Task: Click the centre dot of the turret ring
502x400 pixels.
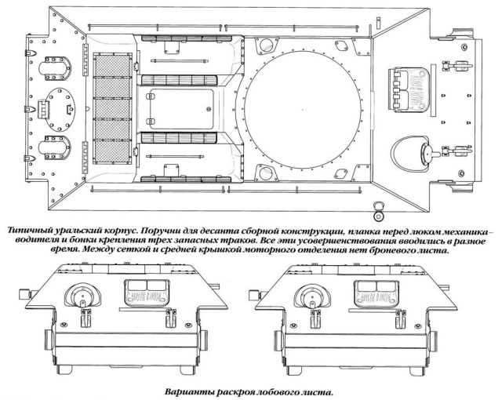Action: [303, 110]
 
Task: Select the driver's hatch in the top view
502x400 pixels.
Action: [409, 90]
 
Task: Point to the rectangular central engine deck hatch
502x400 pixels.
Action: [181, 109]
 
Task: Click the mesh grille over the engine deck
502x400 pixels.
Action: [112, 109]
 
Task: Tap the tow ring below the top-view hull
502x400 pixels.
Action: [379, 212]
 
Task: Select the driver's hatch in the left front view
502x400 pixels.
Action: [147, 293]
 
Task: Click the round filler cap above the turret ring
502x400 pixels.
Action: [265, 45]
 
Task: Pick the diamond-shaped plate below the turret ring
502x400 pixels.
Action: [340, 173]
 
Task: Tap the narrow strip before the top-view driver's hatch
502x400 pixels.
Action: [434, 91]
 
